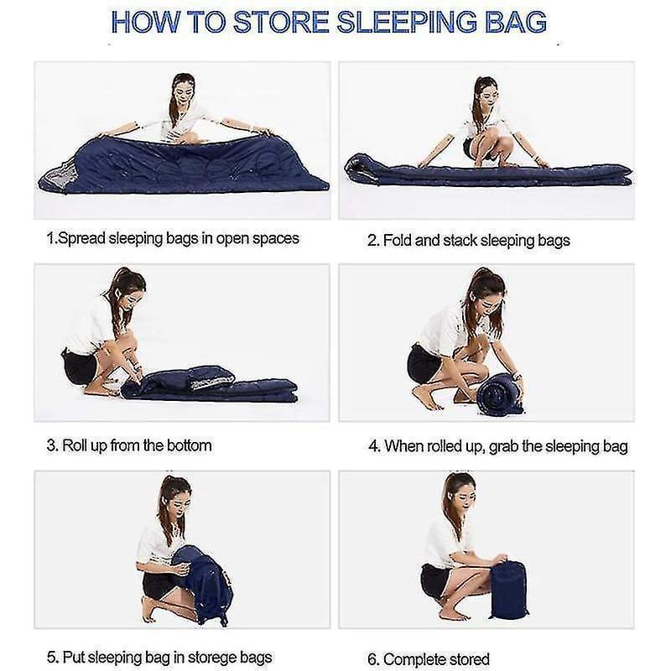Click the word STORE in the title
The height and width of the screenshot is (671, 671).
[281, 23]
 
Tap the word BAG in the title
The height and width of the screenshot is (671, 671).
[516, 23]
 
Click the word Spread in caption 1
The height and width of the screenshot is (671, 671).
[81, 239]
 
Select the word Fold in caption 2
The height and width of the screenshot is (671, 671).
[397, 241]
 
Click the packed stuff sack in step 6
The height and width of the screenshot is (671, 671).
[508, 590]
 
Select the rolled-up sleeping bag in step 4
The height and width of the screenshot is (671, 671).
[500, 393]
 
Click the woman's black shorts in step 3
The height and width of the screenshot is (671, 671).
[80, 367]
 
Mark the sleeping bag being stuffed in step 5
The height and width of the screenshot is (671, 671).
[202, 585]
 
